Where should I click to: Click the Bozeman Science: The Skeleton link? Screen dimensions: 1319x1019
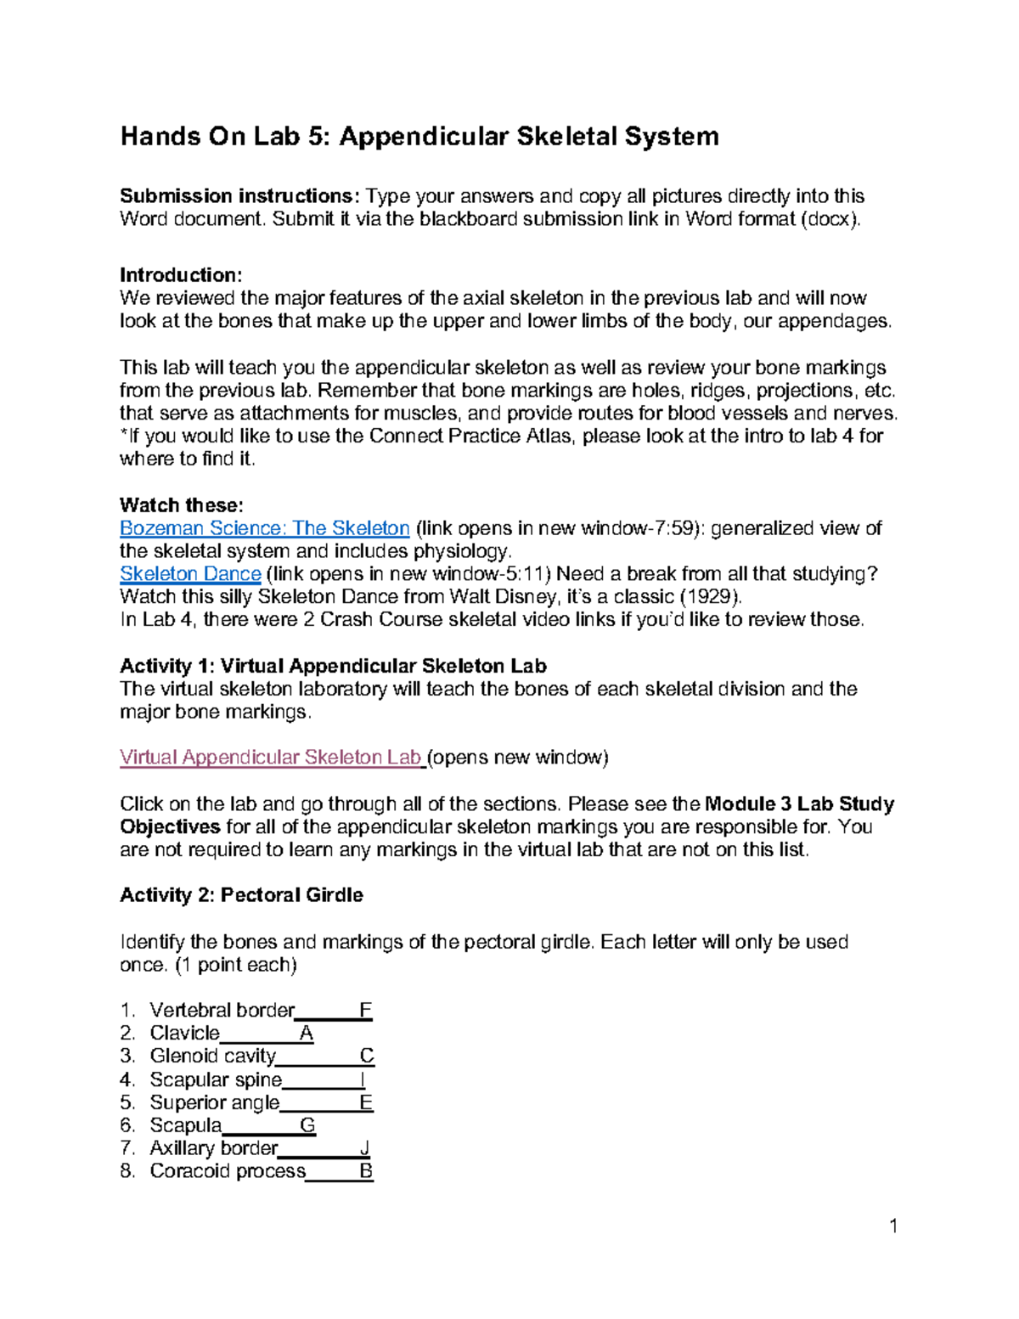[x=264, y=528]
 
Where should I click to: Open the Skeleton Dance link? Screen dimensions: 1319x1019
[x=190, y=574]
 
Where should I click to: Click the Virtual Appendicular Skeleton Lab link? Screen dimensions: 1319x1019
[x=271, y=758]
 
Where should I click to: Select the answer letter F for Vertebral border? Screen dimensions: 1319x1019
[x=365, y=1011]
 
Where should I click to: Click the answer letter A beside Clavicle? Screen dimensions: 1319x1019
[x=307, y=1034]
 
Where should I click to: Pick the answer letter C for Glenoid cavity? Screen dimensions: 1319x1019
[x=366, y=1057]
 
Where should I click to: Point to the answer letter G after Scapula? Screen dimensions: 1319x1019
[x=307, y=1126]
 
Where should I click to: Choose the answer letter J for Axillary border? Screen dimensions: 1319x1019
[x=364, y=1149]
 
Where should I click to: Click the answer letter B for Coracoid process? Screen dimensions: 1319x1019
[x=366, y=1172]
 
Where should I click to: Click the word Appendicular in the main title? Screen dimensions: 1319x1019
[x=423, y=137]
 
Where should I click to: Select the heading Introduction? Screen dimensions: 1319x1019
[x=181, y=275]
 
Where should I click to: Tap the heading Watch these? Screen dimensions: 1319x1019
[x=181, y=505]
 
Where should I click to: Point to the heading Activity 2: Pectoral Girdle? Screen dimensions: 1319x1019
[x=241, y=895]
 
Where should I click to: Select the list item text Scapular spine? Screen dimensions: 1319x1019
[x=216, y=1080]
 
